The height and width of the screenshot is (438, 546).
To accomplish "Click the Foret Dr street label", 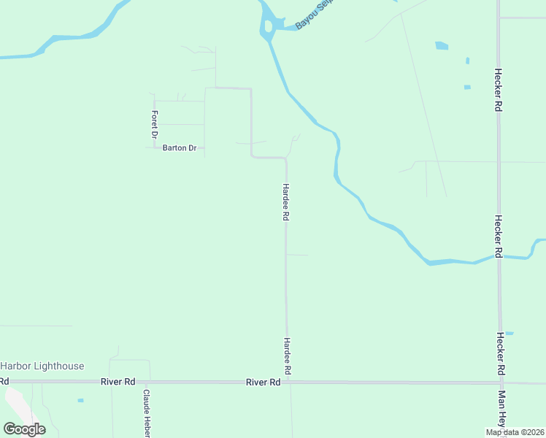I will point(154,124).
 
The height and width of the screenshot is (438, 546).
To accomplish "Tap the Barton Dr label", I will point(180,148).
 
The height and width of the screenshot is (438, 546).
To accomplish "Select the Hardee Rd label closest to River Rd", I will point(288,356).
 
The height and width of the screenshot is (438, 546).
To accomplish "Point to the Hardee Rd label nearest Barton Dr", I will point(286,201).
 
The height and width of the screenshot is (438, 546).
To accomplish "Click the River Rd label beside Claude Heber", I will point(118,382).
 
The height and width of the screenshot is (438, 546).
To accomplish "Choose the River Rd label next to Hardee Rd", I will point(264,382).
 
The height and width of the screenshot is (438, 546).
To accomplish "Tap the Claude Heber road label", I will point(146,412).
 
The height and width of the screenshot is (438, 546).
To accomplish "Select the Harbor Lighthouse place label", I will point(42,366).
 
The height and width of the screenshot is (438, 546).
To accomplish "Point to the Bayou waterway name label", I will point(313,18).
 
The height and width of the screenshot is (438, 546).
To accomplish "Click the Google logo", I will point(24,429).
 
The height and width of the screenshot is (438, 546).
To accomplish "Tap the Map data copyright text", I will point(515,432).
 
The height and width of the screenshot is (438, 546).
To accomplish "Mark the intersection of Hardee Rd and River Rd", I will point(287,382).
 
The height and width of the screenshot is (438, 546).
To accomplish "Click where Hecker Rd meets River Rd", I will point(500,382).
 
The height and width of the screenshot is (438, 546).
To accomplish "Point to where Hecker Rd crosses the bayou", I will point(499,258).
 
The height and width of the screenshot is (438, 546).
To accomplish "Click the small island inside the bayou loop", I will point(269,26).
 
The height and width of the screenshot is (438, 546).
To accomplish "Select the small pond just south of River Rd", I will point(80,400).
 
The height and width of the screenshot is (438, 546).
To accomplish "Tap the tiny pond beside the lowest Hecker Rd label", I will point(510,334).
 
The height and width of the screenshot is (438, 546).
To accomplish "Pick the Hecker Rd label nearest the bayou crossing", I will point(499,235).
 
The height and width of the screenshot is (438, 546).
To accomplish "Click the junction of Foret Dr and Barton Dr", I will point(154,148).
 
